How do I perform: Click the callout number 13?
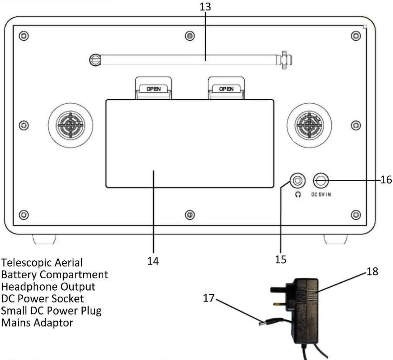pos(205,7)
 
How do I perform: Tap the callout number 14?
pos(153,261)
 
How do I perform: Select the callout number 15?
pos(281,260)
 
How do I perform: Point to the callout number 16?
pos(386,180)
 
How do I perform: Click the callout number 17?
pos(209,298)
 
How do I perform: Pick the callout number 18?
pos(372,271)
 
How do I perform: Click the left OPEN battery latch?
pos(154,88)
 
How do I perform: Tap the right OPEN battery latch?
pos(226,88)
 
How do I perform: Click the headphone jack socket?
pos(298,181)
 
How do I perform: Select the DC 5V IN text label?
pos(321,194)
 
